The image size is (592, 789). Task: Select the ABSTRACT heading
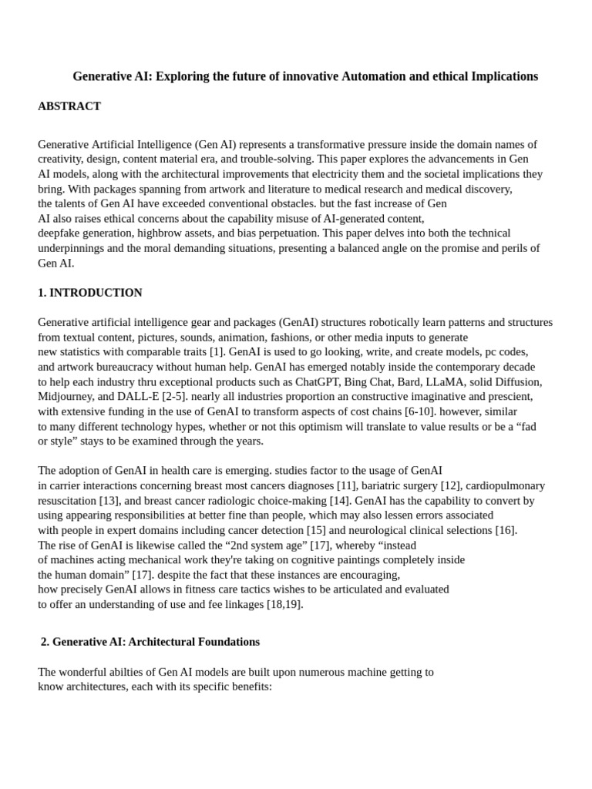click(x=69, y=106)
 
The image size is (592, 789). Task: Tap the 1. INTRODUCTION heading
click(x=90, y=293)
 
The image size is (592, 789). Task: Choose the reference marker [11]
click(x=347, y=485)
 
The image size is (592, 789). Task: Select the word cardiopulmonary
click(x=505, y=485)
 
